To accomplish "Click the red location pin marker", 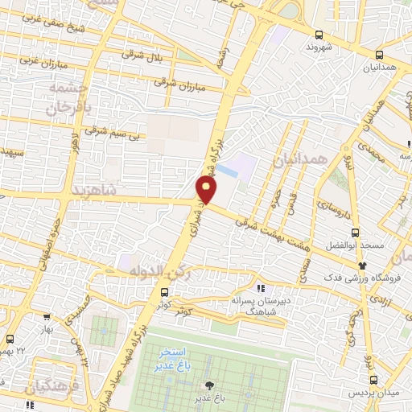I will coord(207,189).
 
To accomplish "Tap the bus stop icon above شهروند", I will coord(319,35).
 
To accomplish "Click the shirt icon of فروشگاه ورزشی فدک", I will coord(362,266).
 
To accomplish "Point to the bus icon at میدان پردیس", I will coord(373,380).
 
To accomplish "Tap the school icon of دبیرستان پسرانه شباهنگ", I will coord(260,287).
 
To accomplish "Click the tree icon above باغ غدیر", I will coord(211,386).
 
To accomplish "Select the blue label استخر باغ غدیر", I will coord(175,359).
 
